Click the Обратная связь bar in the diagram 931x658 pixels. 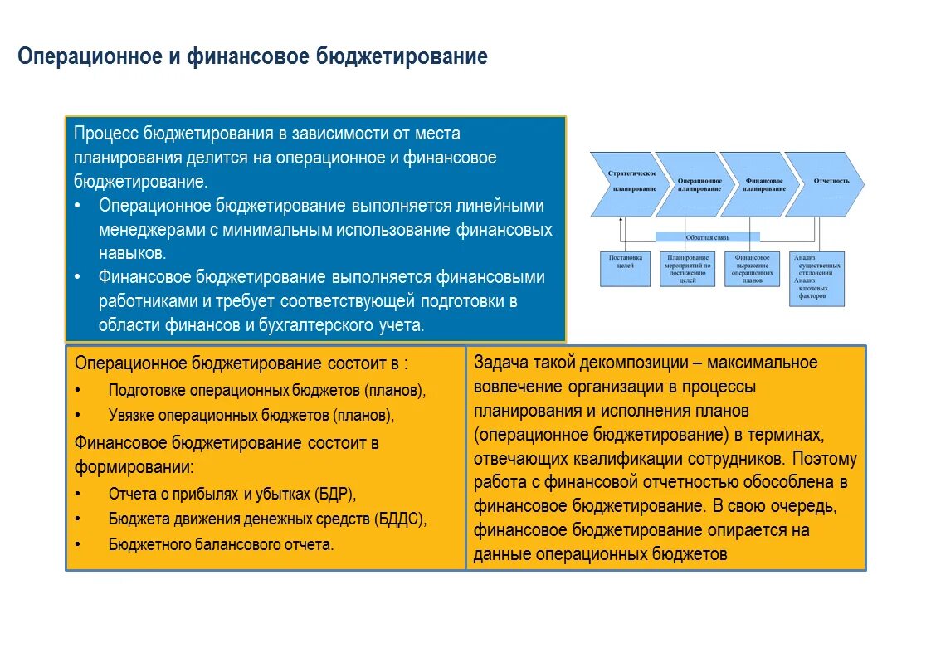coord(707,237)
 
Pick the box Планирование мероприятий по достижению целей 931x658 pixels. coord(687,269)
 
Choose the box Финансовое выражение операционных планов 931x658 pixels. coord(753,269)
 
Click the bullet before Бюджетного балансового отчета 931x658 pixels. coord(77,545)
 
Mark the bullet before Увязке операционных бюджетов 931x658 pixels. coord(77,415)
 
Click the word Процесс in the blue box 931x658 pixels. coord(106,134)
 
